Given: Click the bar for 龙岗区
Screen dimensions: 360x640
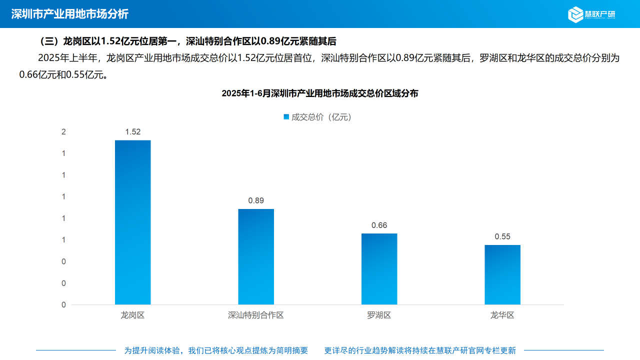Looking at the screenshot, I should click(132, 222).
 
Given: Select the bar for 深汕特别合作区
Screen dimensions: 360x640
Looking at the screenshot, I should click(256, 256).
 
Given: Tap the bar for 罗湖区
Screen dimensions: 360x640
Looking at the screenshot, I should click(379, 269).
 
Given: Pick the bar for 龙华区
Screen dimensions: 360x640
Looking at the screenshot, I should click(502, 274).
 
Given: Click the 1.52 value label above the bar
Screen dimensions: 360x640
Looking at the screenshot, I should click(133, 132).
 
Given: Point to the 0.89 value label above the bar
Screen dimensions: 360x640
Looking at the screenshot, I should click(256, 200).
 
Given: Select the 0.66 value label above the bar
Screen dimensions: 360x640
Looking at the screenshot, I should click(379, 225).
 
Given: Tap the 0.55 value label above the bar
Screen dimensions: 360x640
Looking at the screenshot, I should click(502, 236).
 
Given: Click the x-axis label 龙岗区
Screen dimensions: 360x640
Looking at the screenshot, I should click(132, 315).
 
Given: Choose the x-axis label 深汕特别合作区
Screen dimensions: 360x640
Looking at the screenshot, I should click(256, 315).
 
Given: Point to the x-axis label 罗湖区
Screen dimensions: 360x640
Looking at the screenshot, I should click(379, 315).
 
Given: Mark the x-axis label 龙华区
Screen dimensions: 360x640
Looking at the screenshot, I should click(502, 315).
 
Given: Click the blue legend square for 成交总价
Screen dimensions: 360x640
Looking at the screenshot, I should click(286, 117).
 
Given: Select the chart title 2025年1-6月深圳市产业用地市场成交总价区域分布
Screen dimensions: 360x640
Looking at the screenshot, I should click(320, 93).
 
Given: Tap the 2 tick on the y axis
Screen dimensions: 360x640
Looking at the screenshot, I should click(63, 132).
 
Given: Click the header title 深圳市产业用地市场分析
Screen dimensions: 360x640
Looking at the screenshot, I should click(69, 14).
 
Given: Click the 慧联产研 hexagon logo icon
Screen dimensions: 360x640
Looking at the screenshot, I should click(575, 14).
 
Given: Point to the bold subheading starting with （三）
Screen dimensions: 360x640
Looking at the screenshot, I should click(188, 41).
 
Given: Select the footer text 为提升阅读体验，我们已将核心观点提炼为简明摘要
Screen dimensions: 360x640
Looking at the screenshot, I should click(216, 350).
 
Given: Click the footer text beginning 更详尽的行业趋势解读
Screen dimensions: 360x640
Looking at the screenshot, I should click(420, 350).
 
